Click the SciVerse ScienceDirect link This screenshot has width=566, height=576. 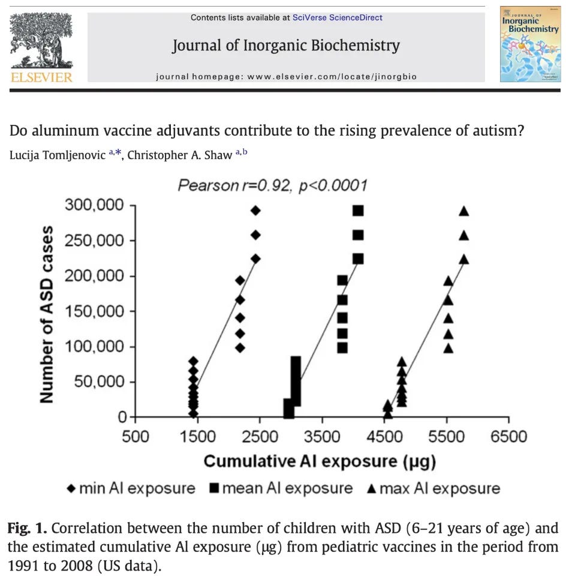click(x=338, y=17)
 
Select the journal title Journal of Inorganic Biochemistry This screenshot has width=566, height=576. click(x=286, y=46)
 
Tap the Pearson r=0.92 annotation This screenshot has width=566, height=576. click(x=272, y=185)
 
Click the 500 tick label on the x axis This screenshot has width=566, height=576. click(x=136, y=436)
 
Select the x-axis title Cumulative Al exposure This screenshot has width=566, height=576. click(x=320, y=461)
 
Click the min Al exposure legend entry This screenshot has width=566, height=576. click(x=131, y=488)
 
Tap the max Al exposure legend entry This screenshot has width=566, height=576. click(x=432, y=488)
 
